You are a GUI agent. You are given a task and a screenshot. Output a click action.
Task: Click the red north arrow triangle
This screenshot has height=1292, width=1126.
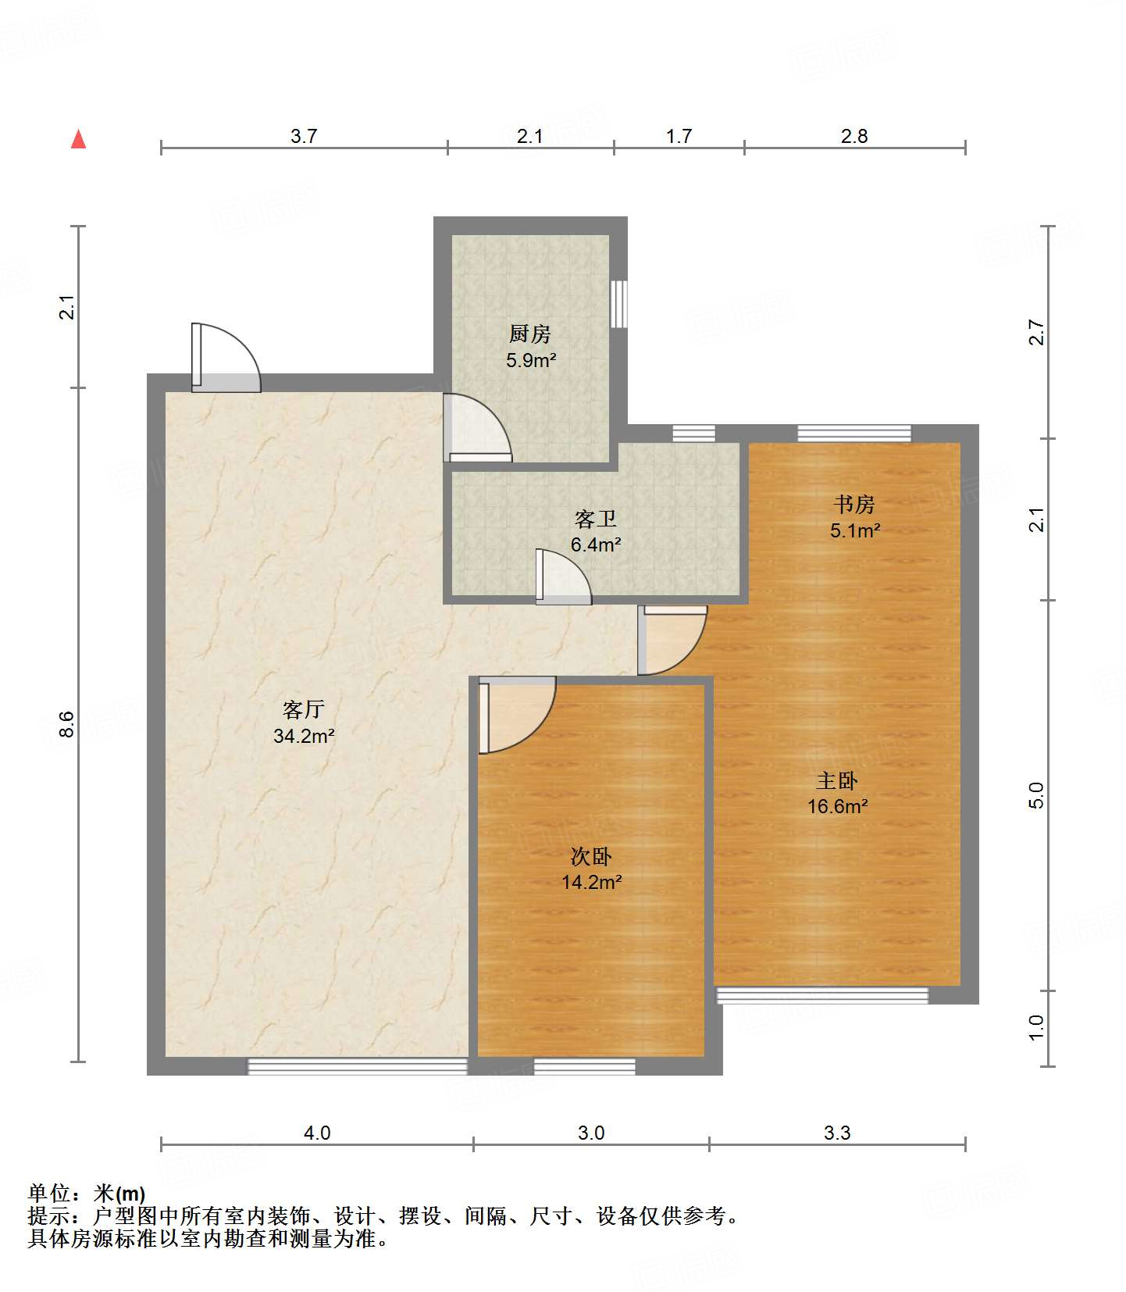pyautogui.click(x=78, y=139)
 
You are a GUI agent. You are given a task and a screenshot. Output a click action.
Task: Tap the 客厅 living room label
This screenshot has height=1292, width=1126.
pyautogui.click(x=304, y=709)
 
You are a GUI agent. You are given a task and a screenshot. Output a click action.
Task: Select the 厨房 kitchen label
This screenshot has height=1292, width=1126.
pyautogui.click(x=530, y=334)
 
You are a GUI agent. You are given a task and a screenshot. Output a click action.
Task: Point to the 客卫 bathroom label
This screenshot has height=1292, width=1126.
pyautogui.click(x=596, y=519)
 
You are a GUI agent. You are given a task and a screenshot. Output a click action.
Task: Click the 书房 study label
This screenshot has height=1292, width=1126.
pyautogui.click(x=854, y=505)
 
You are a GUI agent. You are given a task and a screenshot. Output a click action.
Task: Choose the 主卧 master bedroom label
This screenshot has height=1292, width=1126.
pyautogui.click(x=837, y=780)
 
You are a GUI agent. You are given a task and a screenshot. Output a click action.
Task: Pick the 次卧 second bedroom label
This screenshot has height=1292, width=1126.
pyautogui.click(x=591, y=857)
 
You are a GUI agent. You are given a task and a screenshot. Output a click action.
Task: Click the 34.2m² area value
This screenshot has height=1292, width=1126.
pyautogui.click(x=304, y=736)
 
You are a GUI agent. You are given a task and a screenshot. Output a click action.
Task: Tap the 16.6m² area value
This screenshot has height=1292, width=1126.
pyautogui.click(x=837, y=806)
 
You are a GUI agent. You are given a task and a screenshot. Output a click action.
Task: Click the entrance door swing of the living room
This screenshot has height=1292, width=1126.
pyautogui.click(x=226, y=357)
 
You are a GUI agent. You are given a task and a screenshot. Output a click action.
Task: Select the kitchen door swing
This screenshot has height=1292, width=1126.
pyautogui.click(x=477, y=428)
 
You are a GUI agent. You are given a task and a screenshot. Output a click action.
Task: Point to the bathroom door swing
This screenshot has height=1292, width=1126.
pyautogui.click(x=563, y=577)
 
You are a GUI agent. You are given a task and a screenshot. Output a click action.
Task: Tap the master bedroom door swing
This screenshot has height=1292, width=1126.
pyautogui.click(x=672, y=641)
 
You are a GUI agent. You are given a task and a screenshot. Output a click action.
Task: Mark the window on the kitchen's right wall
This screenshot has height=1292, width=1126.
pyautogui.click(x=618, y=304)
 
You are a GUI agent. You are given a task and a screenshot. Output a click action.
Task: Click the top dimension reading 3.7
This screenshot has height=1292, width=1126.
pyautogui.click(x=304, y=137)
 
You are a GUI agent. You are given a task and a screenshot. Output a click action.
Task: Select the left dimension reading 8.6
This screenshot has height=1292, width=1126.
pyautogui.click(x=67, y=724)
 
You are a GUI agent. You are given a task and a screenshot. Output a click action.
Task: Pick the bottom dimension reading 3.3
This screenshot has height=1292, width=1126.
pyautogui.click(x=837, y=1133)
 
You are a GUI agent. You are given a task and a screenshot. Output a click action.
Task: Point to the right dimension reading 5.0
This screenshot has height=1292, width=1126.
pyautogui.click(x=1035, y=795)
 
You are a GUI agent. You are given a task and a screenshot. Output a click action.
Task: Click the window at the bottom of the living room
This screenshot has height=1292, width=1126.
pyautogui.click(x=358, y=1066)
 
